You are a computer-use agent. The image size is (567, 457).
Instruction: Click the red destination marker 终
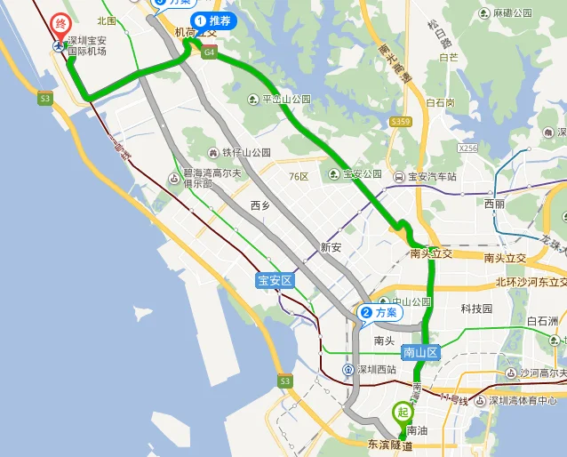click(60, 25)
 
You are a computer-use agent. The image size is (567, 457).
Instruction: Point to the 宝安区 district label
click(275, 281)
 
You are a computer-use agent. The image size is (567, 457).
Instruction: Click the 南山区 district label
click(420, 352)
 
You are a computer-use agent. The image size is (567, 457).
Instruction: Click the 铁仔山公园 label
click(245, 152)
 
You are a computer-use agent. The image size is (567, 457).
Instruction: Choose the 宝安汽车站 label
click(431, 177)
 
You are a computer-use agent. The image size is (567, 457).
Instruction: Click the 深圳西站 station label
click(376, 369)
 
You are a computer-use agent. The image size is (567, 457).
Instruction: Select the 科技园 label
click(476, 309)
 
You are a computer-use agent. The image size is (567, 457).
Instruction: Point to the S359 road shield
click(401, 121)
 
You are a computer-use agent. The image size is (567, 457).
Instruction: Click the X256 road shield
click(468, 148)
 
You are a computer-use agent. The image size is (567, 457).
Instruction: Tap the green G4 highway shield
click(209, 52)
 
